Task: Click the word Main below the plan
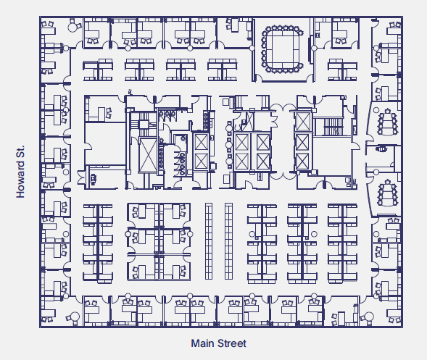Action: pos(202,343)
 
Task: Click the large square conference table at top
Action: pos(282,47)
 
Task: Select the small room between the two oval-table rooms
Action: pos(382,150)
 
